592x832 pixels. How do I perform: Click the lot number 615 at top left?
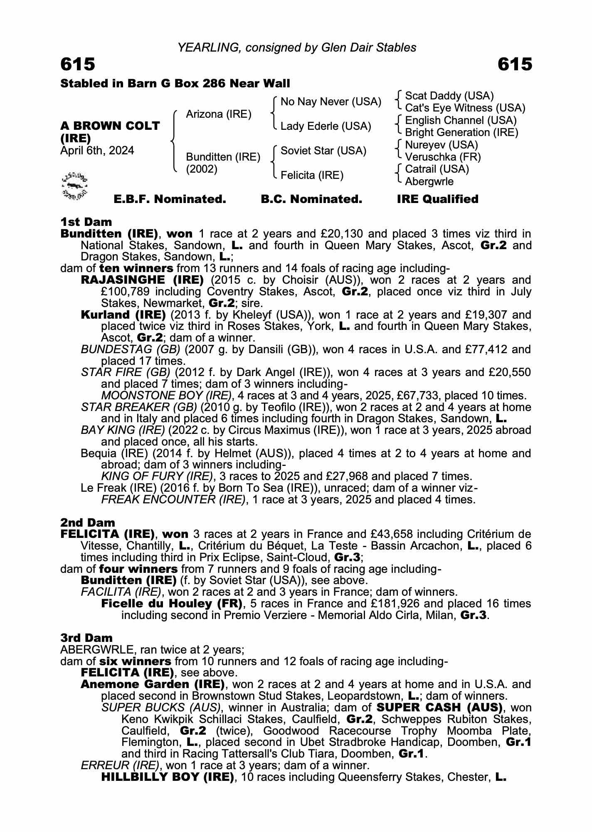pyautogui.click(x=78, y=64)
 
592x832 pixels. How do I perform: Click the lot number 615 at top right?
pyautogui.click(x=514, y=64)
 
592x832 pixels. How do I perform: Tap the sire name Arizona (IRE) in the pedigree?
pyautogui.click(x=219, y=114)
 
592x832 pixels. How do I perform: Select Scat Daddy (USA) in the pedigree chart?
pyautogui.click(x=449, y=96)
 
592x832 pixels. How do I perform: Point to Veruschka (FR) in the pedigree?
pyautogui.click(x=443, y=157)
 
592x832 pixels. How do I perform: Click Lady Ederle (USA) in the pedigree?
pyautogui.click(x=326, y=126)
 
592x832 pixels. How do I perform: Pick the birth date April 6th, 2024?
pyautogui.click(x=97, y=151)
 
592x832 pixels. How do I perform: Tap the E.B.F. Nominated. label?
pyautogui.click(x=170, y=199)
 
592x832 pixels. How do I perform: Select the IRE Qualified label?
pyautogui.click(x=437, y=199)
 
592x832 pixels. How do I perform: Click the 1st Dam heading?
pyautogui.click(x=86, y=222)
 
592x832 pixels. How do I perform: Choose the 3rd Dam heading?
pyautogui.click(x=86, y=638)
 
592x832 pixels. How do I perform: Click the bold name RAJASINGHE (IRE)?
pyautogui.click(x=142, y=280)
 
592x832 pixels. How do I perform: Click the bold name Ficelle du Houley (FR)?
pyautogui.click(x=172, y=603)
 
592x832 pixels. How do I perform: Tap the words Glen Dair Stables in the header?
pyautogui.click(x=369, y=48)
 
